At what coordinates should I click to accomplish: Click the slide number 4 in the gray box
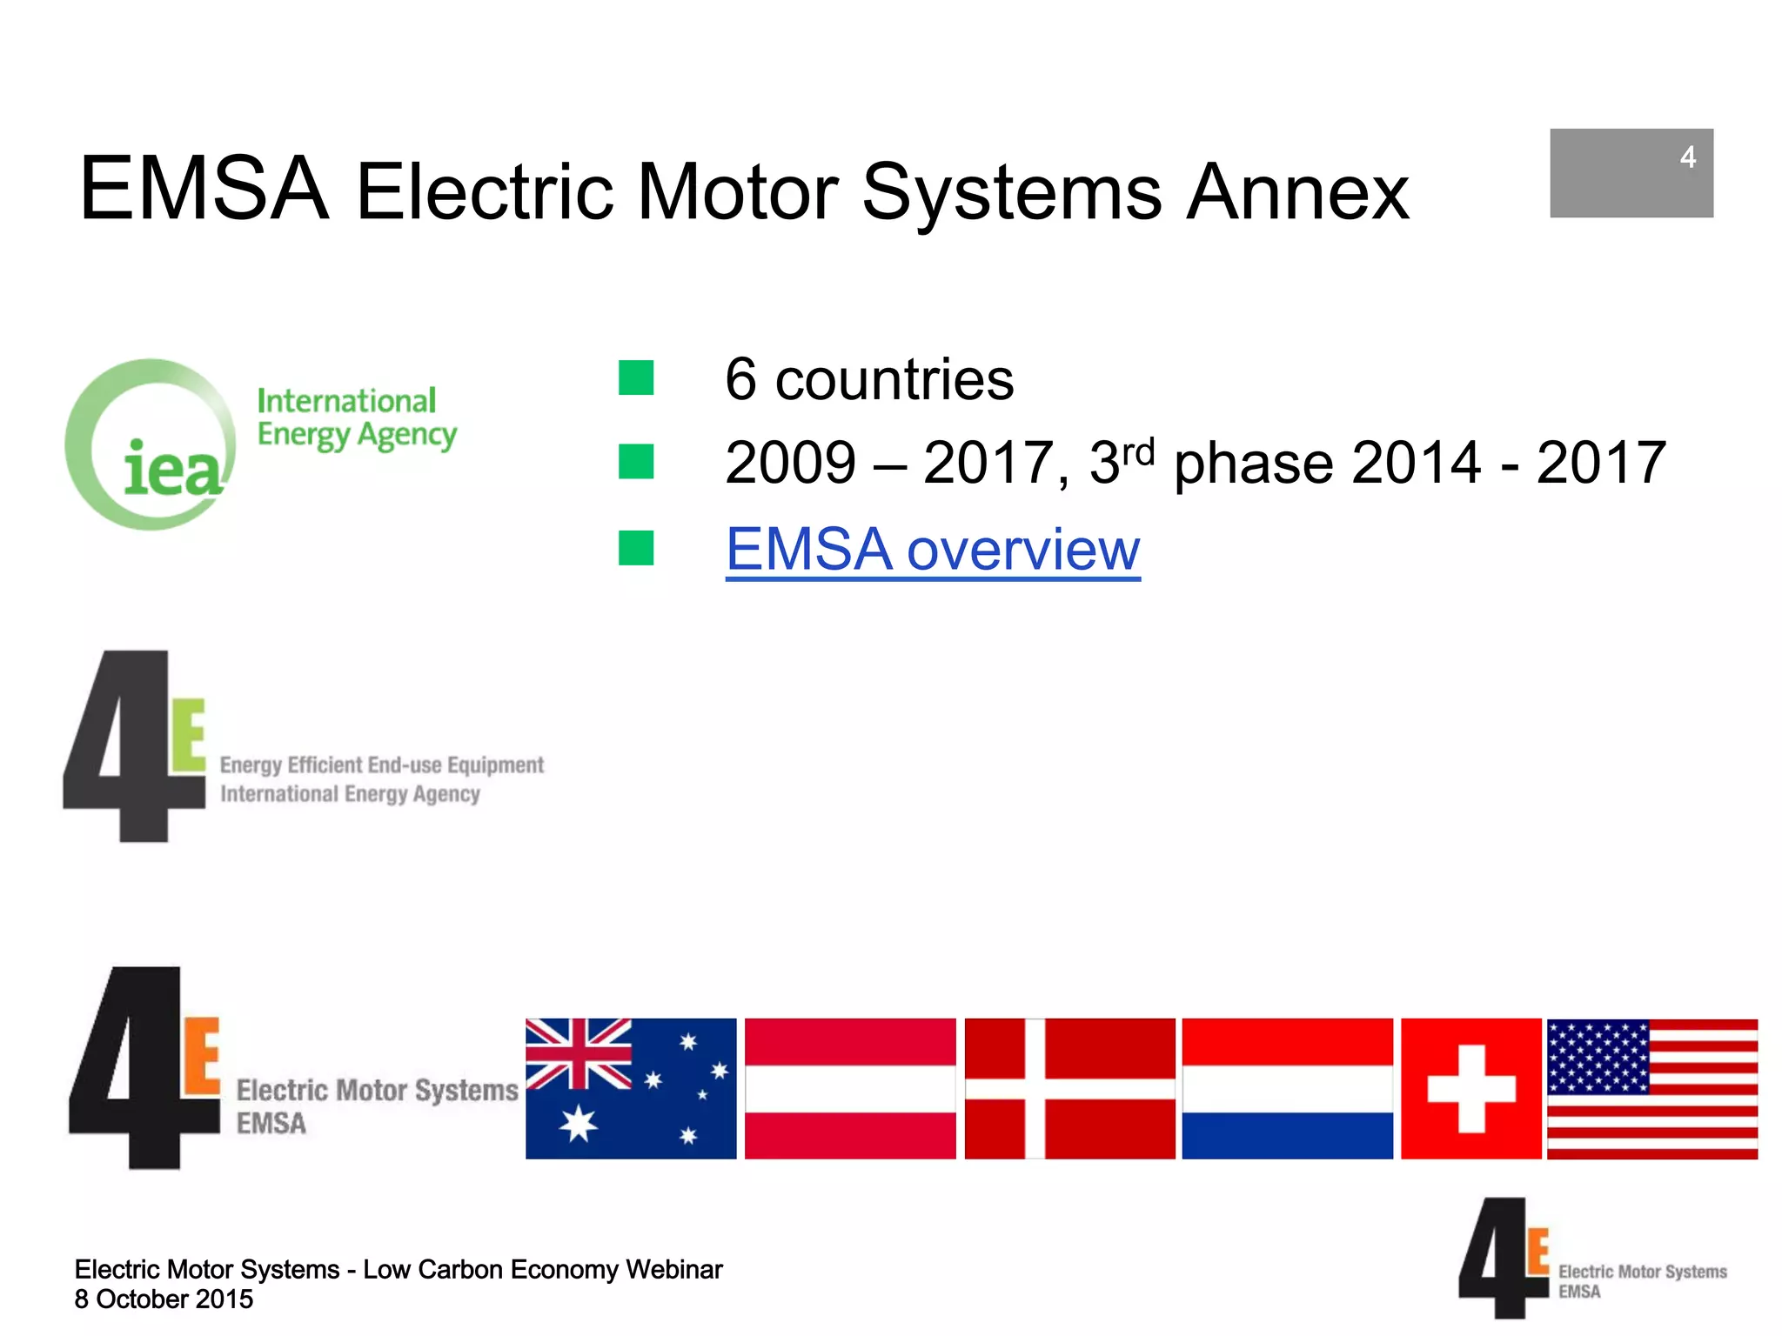click(x=1687, y=157)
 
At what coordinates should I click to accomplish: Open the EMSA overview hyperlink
click(x=932, y=550)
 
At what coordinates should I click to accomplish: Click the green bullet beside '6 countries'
click(x=636, y=378)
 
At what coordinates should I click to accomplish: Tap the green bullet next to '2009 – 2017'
click(x=636, y=462)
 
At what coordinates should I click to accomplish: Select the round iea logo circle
click(x=151, y=444)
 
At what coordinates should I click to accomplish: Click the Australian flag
click(x=631, y=1088)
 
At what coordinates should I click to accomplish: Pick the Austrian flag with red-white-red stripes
click(x=850, y=1088)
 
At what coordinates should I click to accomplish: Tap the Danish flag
click(x=1069, y=1088)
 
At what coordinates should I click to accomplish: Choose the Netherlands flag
click(x=1287, y=1088)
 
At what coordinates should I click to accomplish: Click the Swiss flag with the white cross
click(x=1470, y=1088)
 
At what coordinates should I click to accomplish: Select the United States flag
click(x=1652, y=1088)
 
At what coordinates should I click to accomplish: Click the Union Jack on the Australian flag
click(x=579, y=1053)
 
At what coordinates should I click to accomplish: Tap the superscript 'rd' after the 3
click(x=1138, y=452)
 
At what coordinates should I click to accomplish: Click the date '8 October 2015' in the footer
click(x=164, y=1299)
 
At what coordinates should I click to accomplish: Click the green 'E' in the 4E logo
click(x=189, y=736)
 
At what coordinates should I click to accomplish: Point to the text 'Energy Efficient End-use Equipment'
click(x=381, y=765)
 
